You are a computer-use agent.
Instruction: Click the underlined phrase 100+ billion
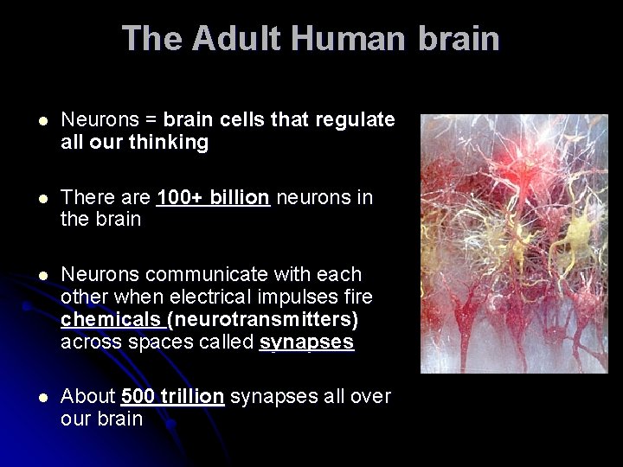click(x=214, y=198)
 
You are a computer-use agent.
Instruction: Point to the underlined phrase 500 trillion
click(x=173, y=397)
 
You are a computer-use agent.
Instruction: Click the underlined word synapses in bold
click(x=307, y=342)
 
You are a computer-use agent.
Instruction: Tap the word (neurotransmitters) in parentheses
click(x=263, y=320)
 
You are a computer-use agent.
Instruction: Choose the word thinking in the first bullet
click(x=170, y=142)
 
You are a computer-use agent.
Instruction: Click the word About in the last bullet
click(x=88, y=397)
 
